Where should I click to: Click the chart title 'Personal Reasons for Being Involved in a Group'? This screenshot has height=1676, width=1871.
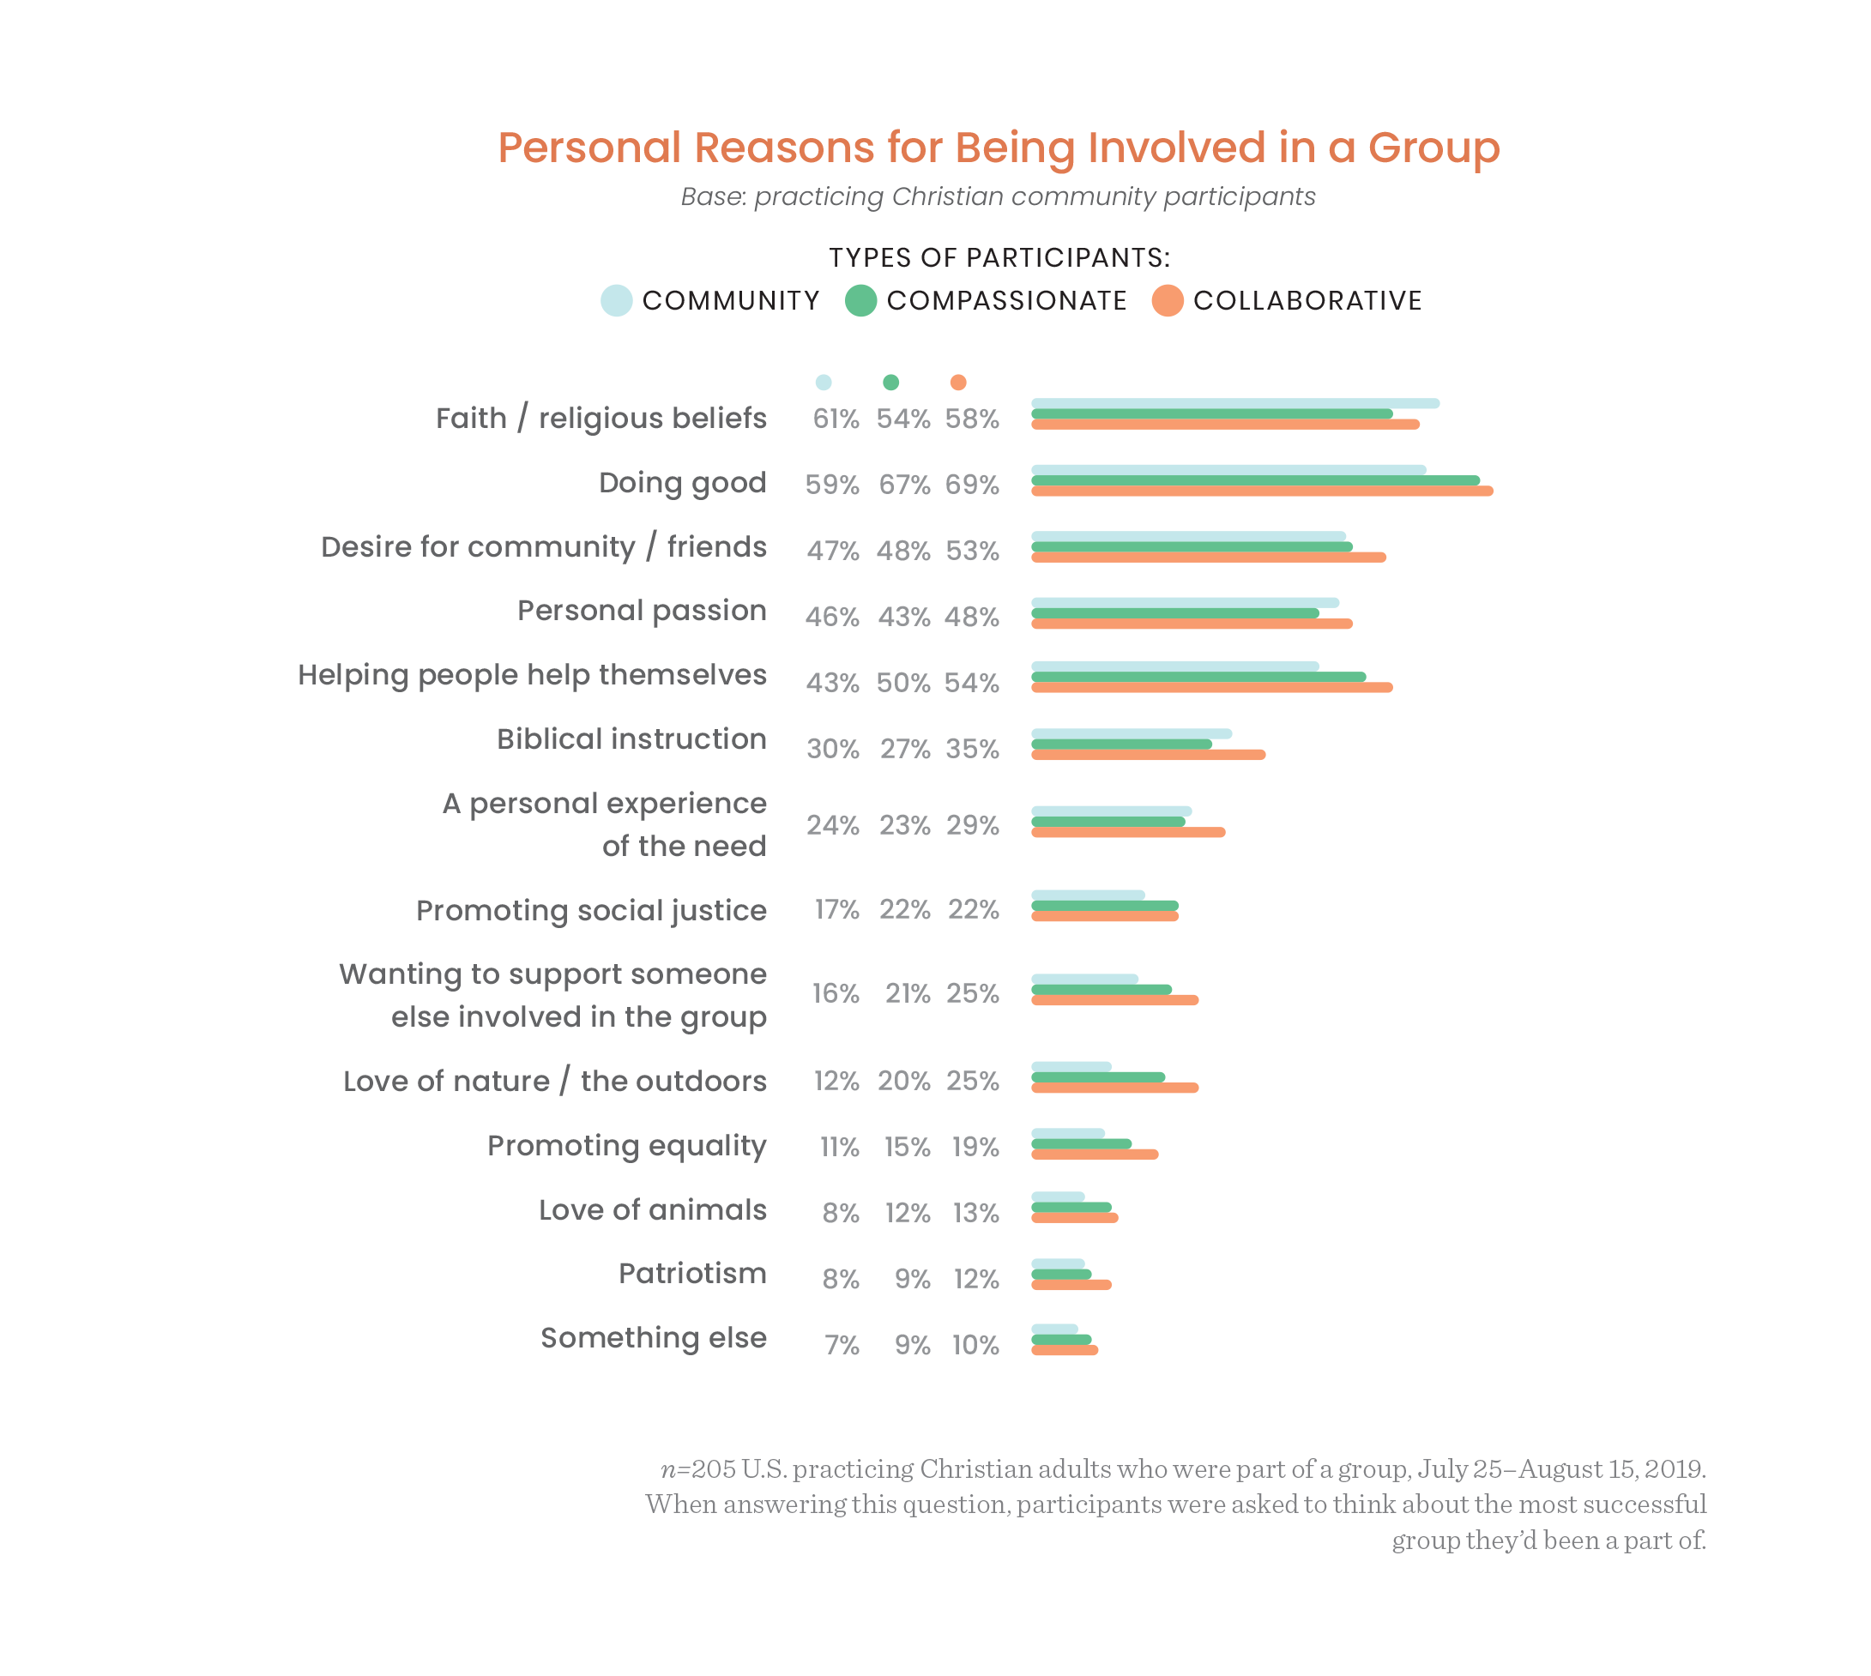click(x=998, y=148)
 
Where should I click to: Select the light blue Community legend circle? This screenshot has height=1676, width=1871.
click(x=616, y=300)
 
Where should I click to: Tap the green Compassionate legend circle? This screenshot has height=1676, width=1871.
click(x=860, y=300)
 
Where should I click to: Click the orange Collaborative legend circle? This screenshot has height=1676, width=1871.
click(x=1167, y=300)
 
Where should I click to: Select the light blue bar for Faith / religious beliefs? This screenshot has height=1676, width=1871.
click(x=1234, y=403)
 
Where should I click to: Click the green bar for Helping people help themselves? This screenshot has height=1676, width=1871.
click(x=1198, y=677)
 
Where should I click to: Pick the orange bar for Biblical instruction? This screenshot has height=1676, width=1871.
click(x=1147, y=754)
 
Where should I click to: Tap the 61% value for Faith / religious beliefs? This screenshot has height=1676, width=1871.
click(x=835, y=419)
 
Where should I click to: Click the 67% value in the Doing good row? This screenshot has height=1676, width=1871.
click(x=903, y=485)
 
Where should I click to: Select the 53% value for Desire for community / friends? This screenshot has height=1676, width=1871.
click(x=971, y=551)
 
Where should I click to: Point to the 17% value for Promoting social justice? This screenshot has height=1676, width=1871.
click(x=836, y=909)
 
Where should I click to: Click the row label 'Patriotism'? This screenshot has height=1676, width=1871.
click(x=691, y=1273)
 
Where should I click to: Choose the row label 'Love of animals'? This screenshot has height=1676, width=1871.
click(x=651, y=1209)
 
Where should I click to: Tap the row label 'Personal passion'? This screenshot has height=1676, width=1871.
click(x=641, y=610)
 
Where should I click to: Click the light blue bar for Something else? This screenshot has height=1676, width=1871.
click(x=1053, y=1328)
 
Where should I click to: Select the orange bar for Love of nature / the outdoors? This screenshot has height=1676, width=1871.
click(x=1114, y=1088)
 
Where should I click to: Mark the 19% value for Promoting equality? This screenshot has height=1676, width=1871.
click(x=975, y=1147)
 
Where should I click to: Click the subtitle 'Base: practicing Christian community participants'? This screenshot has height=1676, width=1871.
click(x=998, y=197)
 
